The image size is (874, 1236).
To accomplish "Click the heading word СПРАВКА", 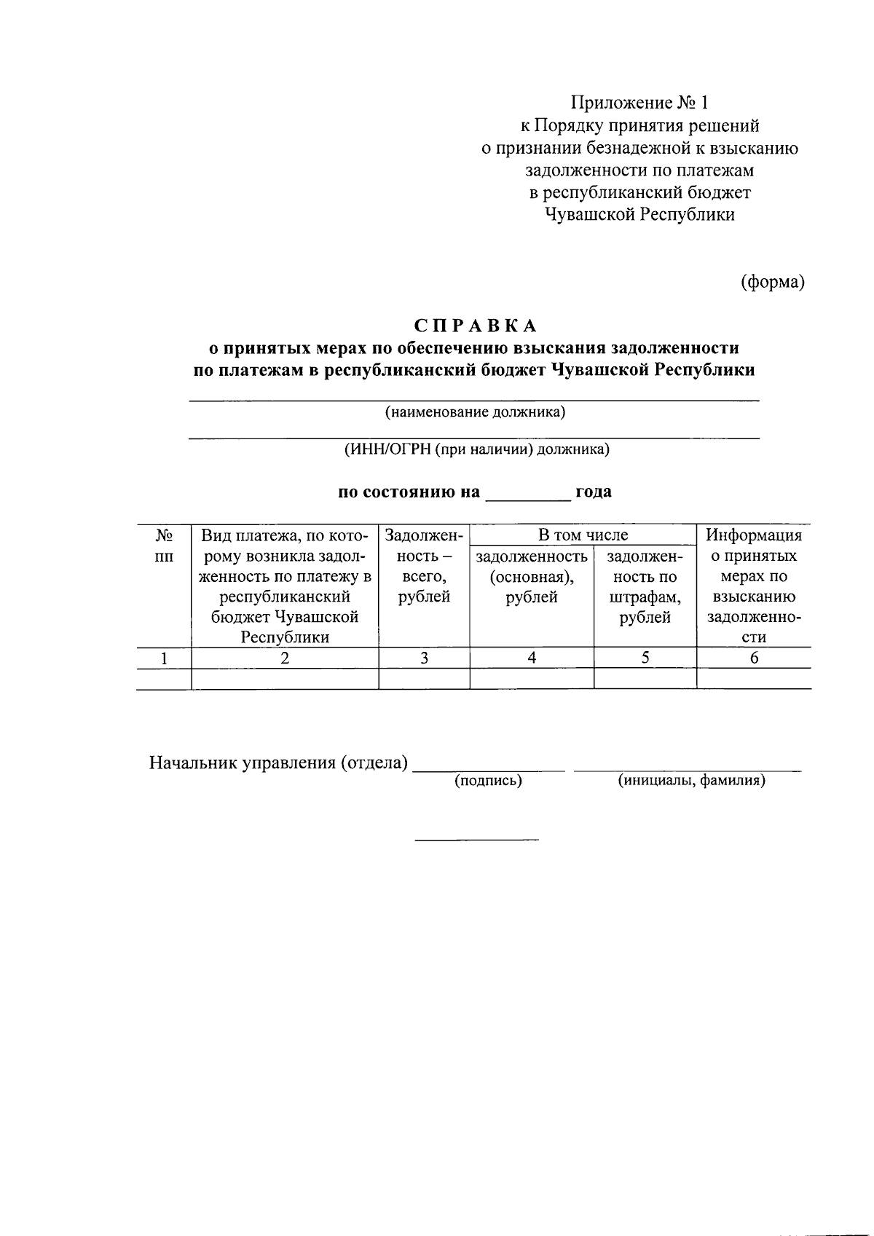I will click(474, 324).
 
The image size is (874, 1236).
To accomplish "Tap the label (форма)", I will click(772, 282).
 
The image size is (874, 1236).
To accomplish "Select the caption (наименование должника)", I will click(475, 412).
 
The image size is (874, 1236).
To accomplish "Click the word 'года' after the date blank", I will click(593, 492).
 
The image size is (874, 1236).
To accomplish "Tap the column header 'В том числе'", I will click(583, 535).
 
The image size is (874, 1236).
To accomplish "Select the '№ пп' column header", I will click(164, 546).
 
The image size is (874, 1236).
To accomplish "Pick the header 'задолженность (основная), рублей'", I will click(532, 577).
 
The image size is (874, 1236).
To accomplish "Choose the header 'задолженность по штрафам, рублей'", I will click(645, 587).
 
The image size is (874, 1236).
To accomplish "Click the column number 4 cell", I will click(532, 658).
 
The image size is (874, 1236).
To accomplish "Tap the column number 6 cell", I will click(754, 658).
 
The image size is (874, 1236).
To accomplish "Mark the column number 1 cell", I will click(165, 658).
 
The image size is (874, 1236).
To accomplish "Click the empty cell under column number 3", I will click(424, 679).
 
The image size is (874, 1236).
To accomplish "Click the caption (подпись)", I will click(488, 781).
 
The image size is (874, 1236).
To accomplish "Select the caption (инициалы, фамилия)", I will click(691, 781).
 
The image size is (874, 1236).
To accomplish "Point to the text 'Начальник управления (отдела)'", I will click(277, 763).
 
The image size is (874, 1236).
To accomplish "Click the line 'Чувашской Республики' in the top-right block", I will click(639, 214).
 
